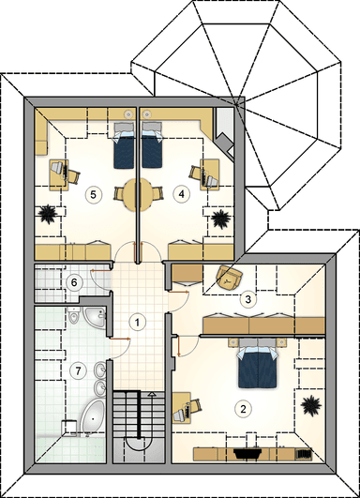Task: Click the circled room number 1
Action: click(137, 323)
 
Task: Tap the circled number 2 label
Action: click(243, 409)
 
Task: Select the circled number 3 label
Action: click(248, 299)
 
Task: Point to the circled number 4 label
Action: click(181, 194)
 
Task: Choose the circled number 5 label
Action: click(93, 194)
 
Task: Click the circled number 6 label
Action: click(74, 282)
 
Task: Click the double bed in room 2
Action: click(258, 364)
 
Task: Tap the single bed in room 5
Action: click(124, 145)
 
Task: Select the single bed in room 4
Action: click(153, 145)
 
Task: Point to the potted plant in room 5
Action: click(48, 215)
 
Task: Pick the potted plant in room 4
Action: click(221, 219)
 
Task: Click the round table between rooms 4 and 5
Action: click(138, 195)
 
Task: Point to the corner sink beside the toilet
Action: click(95, 316)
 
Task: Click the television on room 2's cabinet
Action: click(247, 453)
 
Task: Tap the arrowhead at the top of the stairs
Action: click(153, 394)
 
